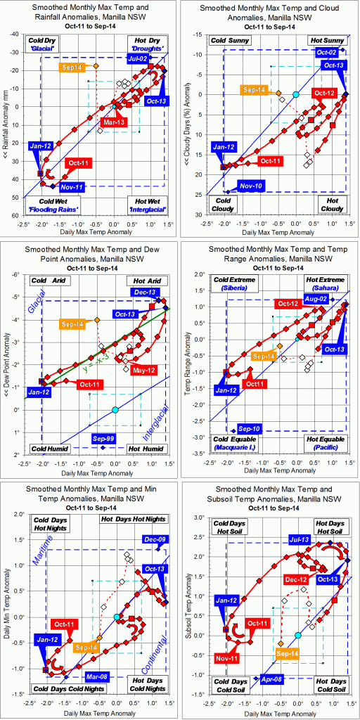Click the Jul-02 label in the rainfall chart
coord(139,61)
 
